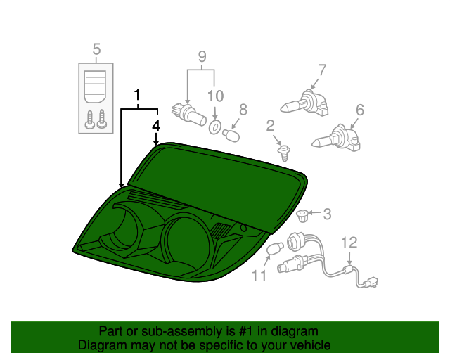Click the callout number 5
(96, 49)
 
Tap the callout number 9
(201, 56)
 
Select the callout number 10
(214, 95)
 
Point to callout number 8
(243, 109)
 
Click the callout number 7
(322, 70)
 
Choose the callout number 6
(359, 109)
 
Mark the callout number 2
(270, 126)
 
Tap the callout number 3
(326, 212)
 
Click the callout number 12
(349, 243)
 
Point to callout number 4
(156, 126)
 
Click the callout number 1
(138, 94)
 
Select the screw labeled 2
(284, 151)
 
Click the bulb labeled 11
(276, 250)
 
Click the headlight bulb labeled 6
(338, 139)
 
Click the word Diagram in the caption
(102, 345)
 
